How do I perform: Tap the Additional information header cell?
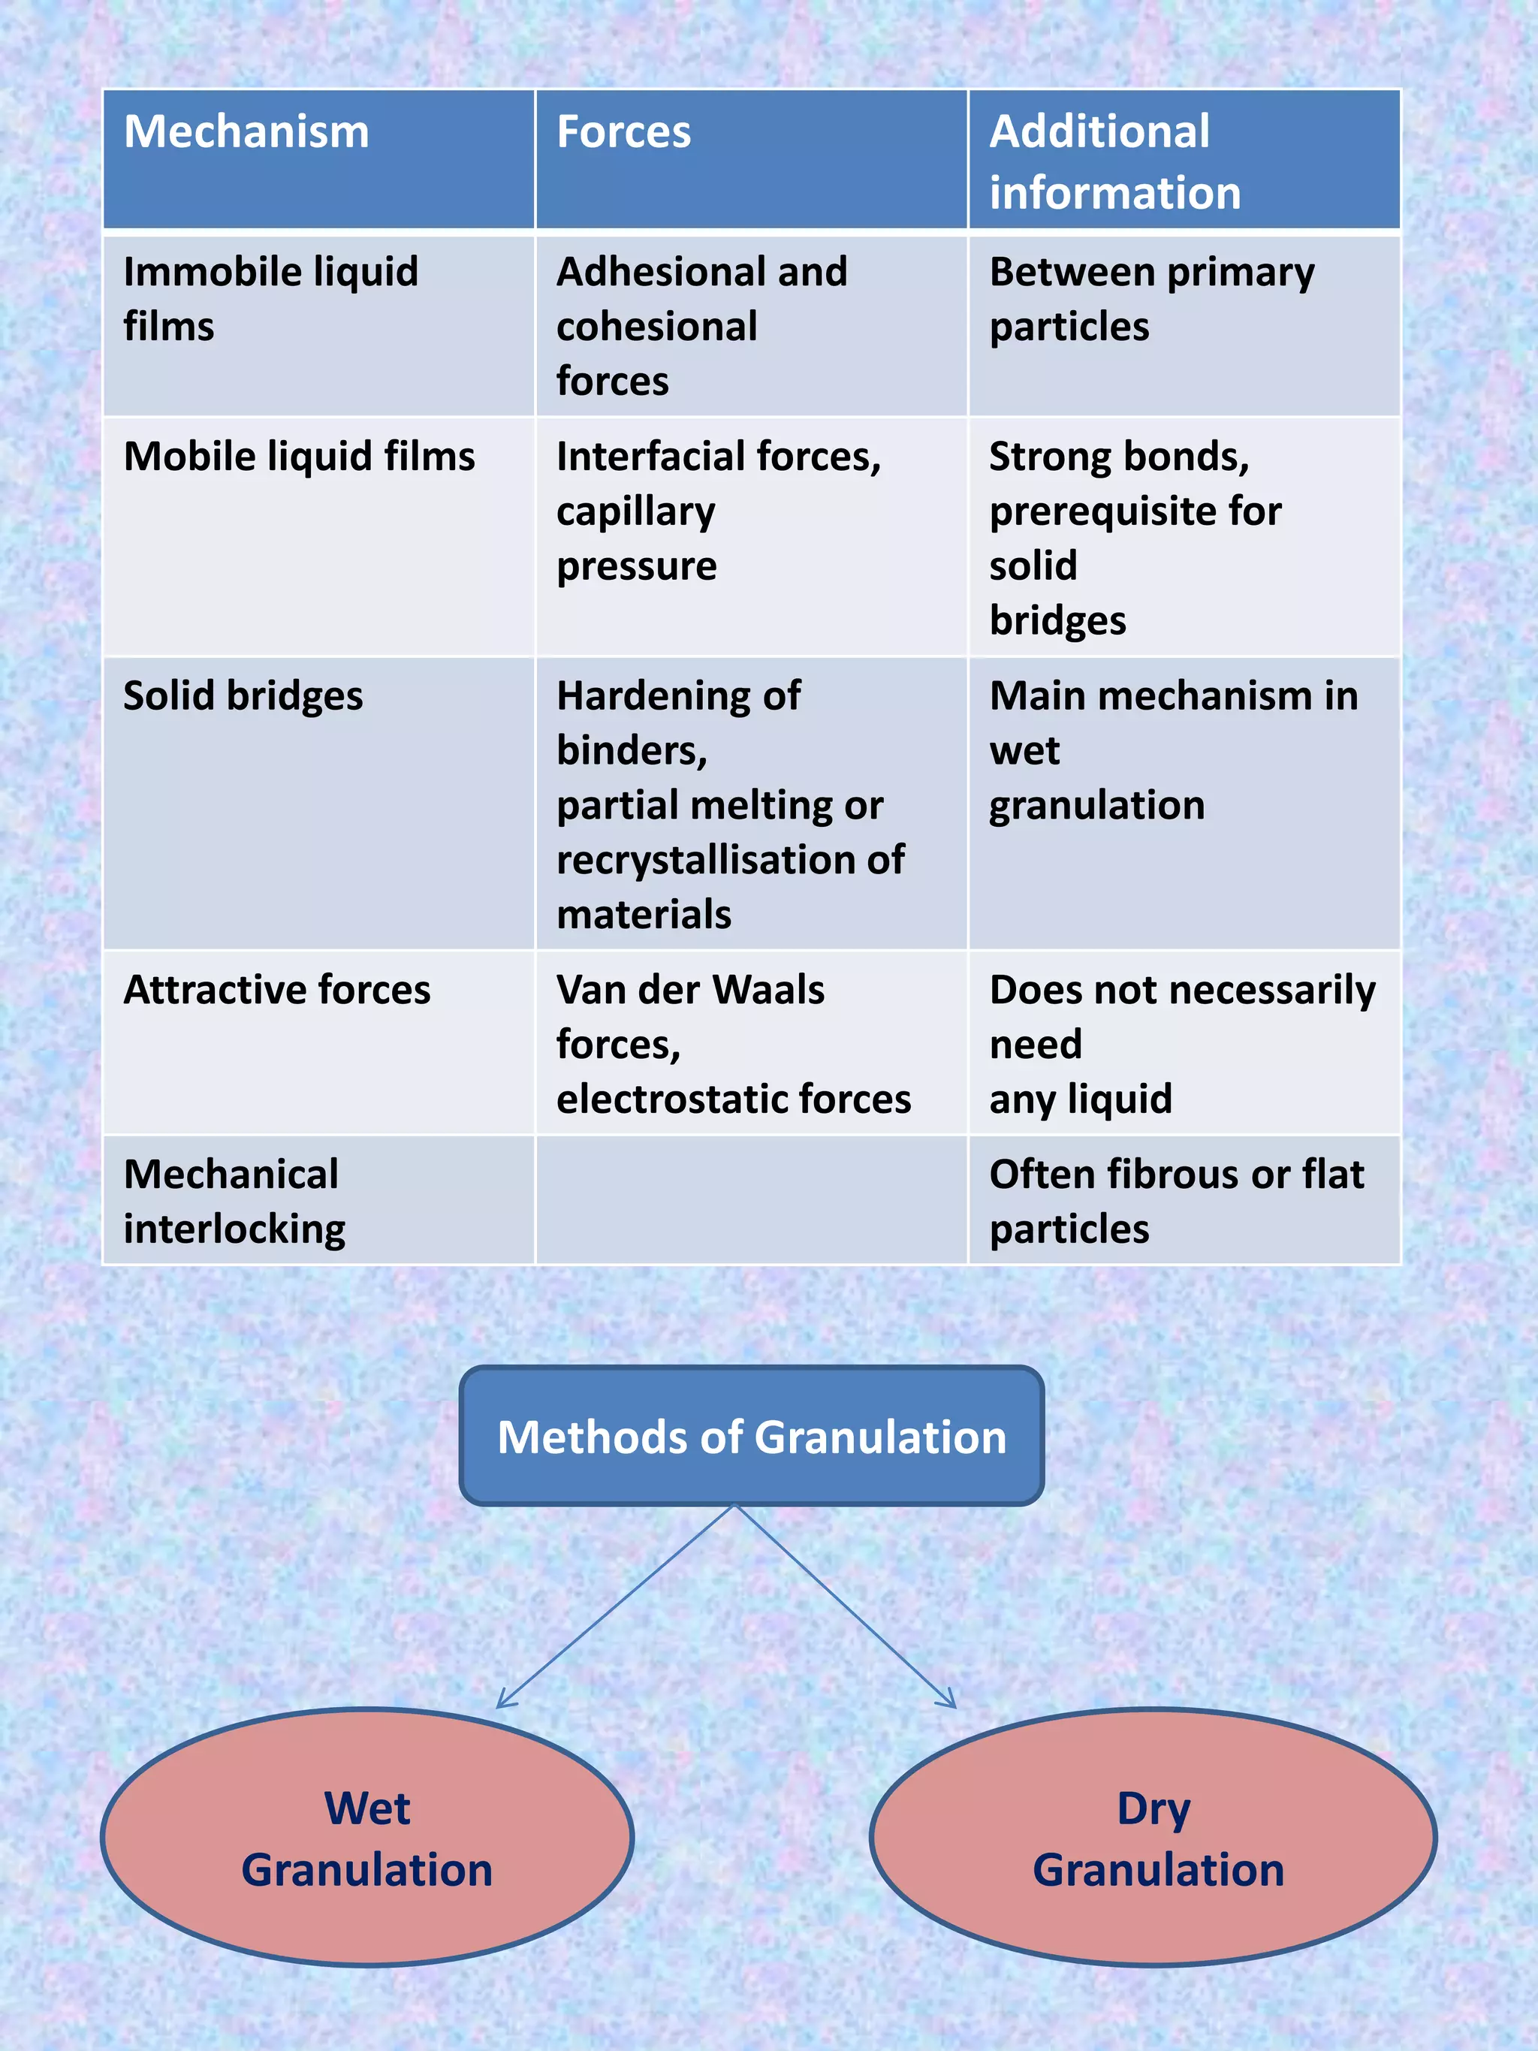pos(1114,162)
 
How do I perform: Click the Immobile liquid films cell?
pos(270,299)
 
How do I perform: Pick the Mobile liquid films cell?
pos(299,456)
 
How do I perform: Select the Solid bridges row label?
pos(243,695)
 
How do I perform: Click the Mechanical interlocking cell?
pos(234,1202)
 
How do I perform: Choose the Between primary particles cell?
pos(1151,299)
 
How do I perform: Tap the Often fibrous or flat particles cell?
pos(1175,1202)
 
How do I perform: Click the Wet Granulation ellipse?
pos(367,1838)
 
